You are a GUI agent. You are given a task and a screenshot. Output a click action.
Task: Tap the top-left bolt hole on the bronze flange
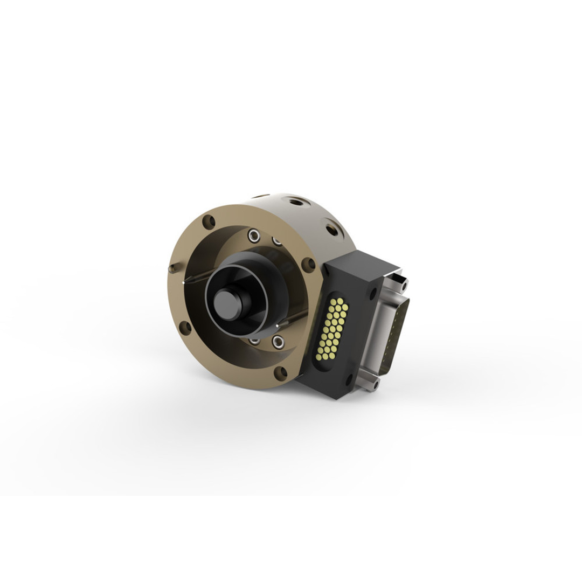pos(209,221)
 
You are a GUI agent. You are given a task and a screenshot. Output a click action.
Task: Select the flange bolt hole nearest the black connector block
pos(308,264)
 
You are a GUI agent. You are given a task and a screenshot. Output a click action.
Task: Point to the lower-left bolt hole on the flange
pos(185,327)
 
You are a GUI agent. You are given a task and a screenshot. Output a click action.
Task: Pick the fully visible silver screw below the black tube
pos(278,341)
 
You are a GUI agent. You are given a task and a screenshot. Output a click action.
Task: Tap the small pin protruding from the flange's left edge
pos(172,268)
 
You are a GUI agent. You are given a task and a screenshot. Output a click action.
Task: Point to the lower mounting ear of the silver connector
pos(370,384)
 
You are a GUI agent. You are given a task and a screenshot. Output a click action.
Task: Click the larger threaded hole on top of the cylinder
pos(295,202)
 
